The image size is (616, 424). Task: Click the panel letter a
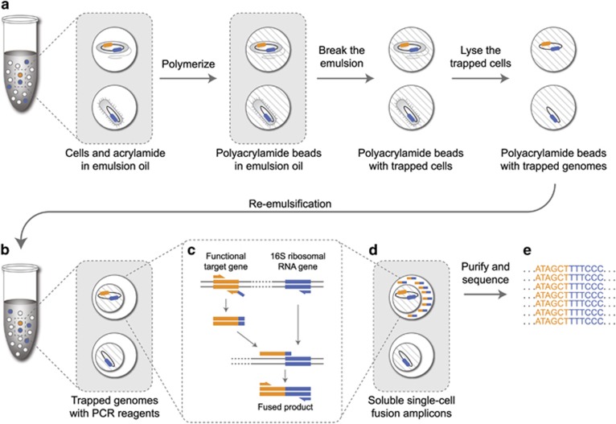pyautogui.click(x=7, y=7)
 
